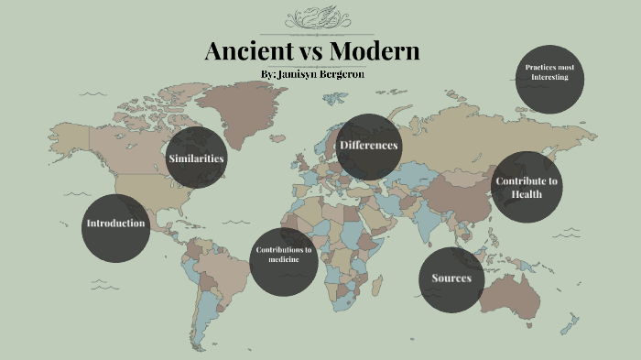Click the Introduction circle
[115, 224]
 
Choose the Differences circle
[369, 147]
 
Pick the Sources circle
[451, 278]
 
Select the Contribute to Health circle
[527, 187]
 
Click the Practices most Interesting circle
[549, 78]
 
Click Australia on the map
[516, 290]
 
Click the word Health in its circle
[527, 194]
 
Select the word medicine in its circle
[284, 260]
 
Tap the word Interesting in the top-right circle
[549, 77]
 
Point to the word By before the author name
[267, 73]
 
